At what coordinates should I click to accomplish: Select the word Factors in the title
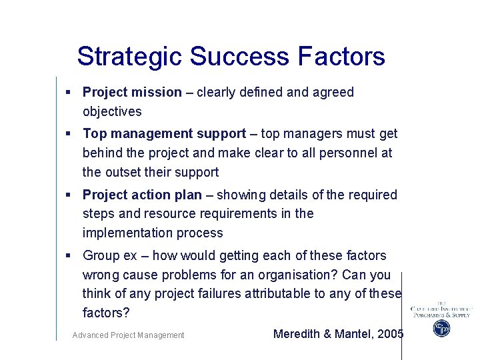[x=341, y=57]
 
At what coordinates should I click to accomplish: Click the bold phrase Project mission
[x=132, y=92]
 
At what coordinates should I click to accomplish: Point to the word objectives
[x=112, y=111]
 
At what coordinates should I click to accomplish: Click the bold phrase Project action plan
[x=142, y=195]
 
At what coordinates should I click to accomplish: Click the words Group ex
[x=110, y=255]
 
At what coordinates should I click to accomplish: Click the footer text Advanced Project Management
[x=128, y=335]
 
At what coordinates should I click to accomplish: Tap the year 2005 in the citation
[x=390, y=334]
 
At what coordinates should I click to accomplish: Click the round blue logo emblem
[x=441, y=328]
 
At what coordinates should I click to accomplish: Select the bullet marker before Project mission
[x=69, y=92]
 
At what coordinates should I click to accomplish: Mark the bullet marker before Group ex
[x=69, y=255]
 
